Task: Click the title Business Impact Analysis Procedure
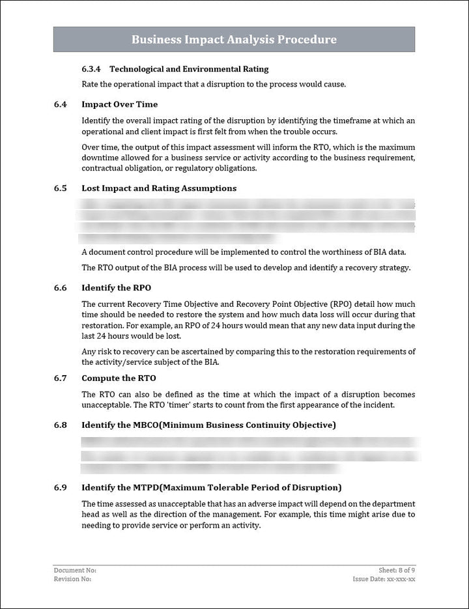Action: [x=234, y=40]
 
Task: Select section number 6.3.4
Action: [x=91, y=69]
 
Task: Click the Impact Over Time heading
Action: [x=119, y=104]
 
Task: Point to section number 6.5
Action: [x=61, y=188]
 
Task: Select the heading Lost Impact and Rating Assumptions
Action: [x=159, y=188]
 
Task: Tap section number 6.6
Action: [x=61, y=288]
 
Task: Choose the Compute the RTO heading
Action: [x=119, y=378]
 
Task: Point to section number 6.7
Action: [x=61, y=378]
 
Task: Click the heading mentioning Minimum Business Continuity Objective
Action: [x=208, y=425]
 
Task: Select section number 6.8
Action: [x=61, y=425]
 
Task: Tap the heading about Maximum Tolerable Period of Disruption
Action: [x=212, y=488]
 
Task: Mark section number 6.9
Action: [x=61, y=488]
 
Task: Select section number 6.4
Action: [x=61, y=104]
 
